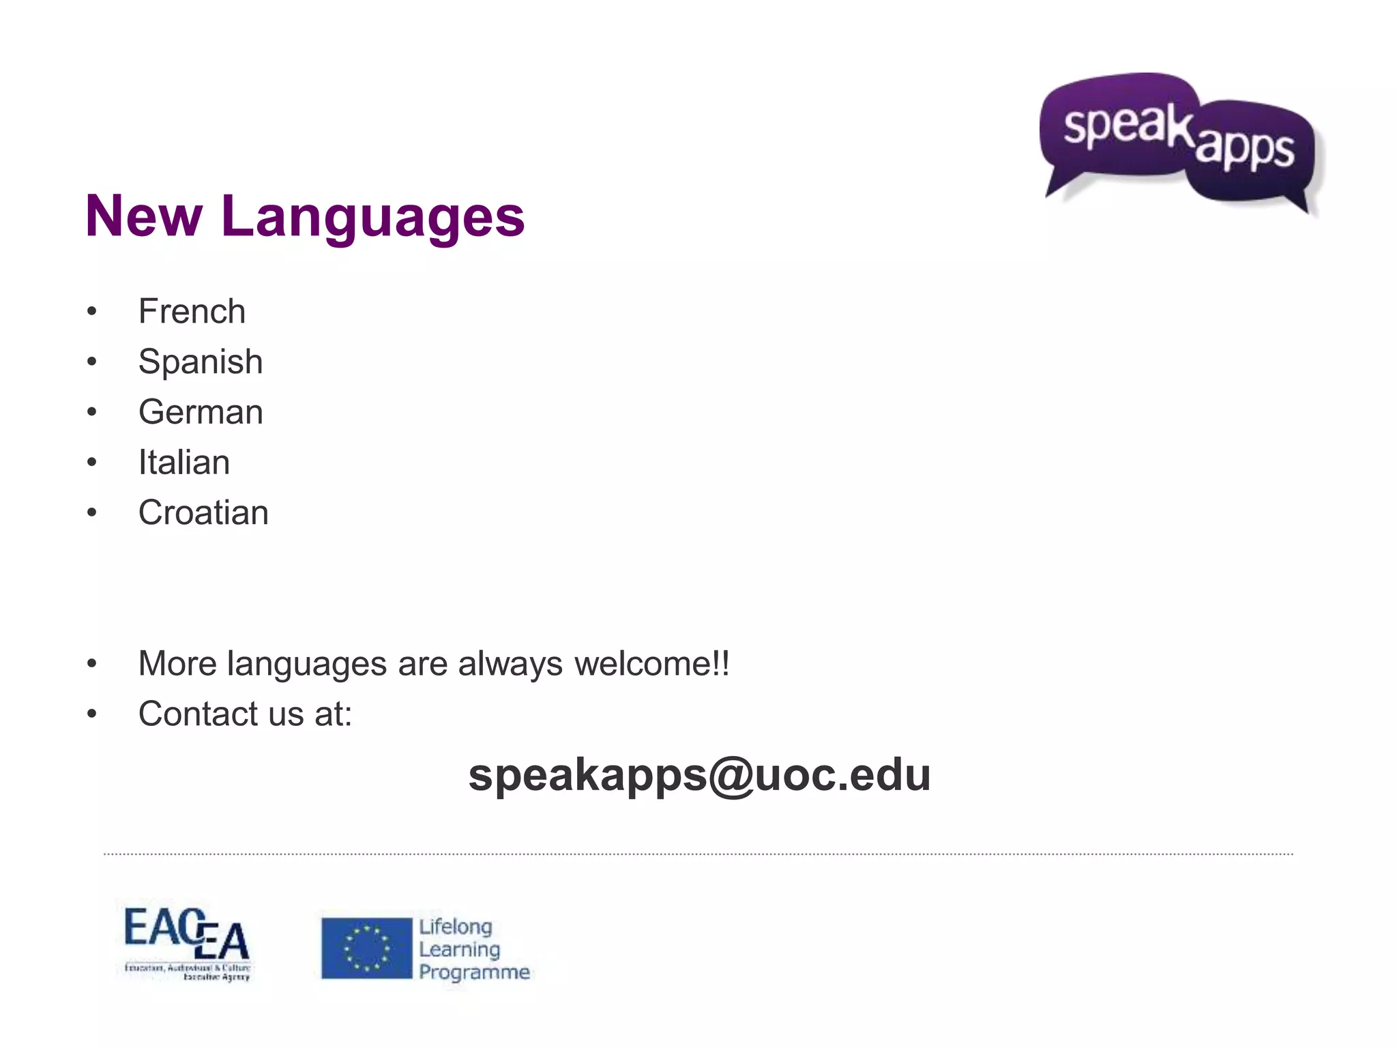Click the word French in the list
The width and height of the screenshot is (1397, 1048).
[x=192, y=312]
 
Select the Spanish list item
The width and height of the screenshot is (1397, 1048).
[x=200, y=362]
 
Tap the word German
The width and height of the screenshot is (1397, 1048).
[x=201, y=412]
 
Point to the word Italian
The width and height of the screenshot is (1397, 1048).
[x=183, y=463]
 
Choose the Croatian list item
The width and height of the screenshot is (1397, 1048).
[x=203, y=513]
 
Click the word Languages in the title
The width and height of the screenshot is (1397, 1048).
[x=372, y=218]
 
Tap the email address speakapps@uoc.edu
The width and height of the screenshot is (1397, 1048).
[x=699, y=775]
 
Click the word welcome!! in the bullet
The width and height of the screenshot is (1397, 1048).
[x=651, y=664]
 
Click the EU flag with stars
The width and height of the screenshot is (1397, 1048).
[x=367, y=948]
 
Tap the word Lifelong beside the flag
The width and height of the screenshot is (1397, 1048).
[x=455, y=927]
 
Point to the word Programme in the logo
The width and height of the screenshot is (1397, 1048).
[x=474, y=972]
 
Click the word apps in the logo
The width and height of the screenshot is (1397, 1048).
[x=1244, y=148]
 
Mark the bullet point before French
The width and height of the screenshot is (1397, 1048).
[x=92, y=312]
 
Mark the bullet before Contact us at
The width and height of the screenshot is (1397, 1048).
[x=92, y=714]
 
